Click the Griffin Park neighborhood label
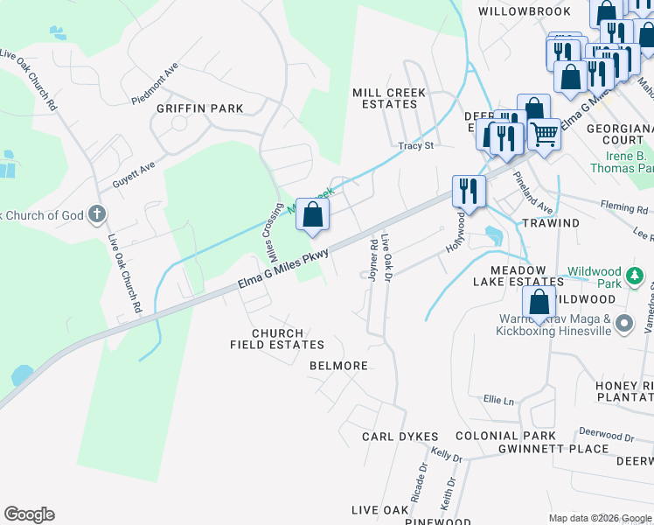199,108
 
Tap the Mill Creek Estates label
388,98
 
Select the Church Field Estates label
277,339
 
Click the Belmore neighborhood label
338,366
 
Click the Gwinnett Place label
553,449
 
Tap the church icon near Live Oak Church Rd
97,213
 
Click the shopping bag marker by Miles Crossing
312,215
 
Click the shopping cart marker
544,134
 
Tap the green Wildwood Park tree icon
636,277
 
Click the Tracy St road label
416,145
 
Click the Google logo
29,514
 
